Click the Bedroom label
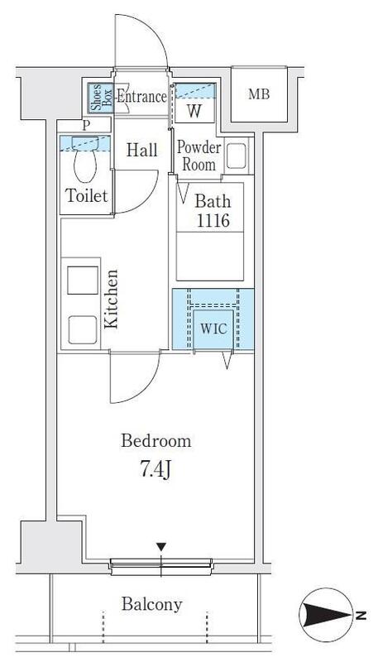[156, 441]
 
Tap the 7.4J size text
[156, 470]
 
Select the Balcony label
[152, 605]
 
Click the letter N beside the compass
[361, 615]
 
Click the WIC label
[213, 329]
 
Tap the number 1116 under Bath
[213, 220]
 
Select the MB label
[259, 94]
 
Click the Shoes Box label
[101, 98]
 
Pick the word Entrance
[141, 97]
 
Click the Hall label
[141, 151]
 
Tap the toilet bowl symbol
[85, 159]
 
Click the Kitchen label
[111, 299]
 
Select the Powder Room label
[199, 156]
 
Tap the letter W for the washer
[194, 111]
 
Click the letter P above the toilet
[87, 126]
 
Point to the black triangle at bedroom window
[161, 547]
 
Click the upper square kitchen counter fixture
[83, 281]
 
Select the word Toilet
[87, 196]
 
